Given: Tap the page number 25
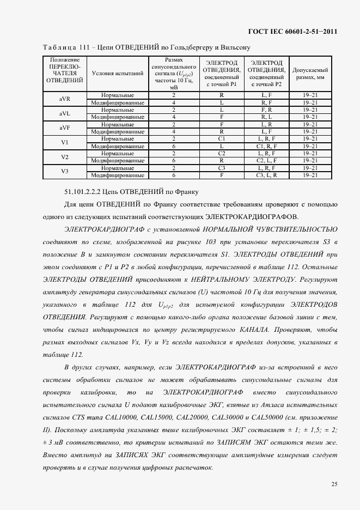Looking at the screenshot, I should pyautogui.click(x=333, y=484).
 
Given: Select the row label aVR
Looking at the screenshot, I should pyautogui.click(x=64, y=99).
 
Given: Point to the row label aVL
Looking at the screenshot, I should pyautogui.click(x=64, y=113).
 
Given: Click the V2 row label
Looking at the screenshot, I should pyautogui.click(x=64, y=157).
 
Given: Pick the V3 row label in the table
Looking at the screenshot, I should pyautogui.click(x=64, y=172).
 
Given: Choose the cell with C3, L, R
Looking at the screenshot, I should pyautogui.click(x=266, y=175).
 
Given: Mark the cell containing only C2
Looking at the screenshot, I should pyautogui.click(x=222, y=154).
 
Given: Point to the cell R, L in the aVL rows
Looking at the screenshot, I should pyautogui.click(x=266, y=117).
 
